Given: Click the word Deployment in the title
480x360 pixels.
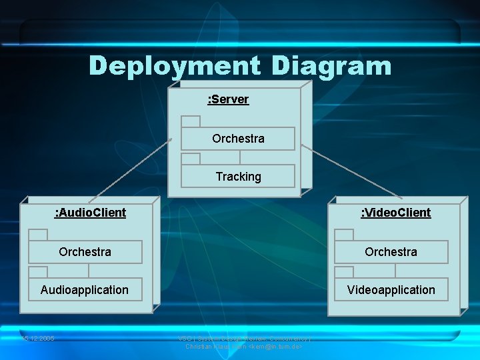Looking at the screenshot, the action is click(x=174, y=66).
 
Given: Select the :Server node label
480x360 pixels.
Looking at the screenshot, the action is click(x=228, y=99).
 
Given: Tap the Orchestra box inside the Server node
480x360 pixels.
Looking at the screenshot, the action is click(x=238, y=139).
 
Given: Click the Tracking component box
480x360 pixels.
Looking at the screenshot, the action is click(x=238, y=176).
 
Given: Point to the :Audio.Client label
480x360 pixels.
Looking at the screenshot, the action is click(x=90, y=213).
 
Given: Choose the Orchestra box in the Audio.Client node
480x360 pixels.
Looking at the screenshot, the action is click(x=85, y=252).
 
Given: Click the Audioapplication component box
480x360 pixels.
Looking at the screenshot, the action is click(x=85, y=289).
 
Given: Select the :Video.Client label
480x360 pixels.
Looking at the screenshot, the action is click(x=395, y=213).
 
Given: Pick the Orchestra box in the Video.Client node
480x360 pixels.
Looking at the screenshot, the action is click(x=391, y=252).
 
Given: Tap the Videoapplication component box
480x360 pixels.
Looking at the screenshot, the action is click(x=391, y=289).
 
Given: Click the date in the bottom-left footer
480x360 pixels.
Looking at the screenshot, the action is click(x=37, y=339).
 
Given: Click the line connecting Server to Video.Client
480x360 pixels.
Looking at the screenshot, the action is click(x=350, y=171).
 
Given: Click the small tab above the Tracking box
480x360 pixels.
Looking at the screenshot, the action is click(x=191, y=159).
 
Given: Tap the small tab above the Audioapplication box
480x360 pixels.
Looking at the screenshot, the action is click(x=38, y=272).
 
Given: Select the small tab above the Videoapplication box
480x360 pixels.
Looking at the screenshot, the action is click(x=344, y=272).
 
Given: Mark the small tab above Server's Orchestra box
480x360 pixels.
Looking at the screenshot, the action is click(x=191, y=121).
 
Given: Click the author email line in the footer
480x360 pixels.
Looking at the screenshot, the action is click(x=244, y=347).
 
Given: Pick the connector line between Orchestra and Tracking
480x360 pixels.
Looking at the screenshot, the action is click(x=240, y=157).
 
